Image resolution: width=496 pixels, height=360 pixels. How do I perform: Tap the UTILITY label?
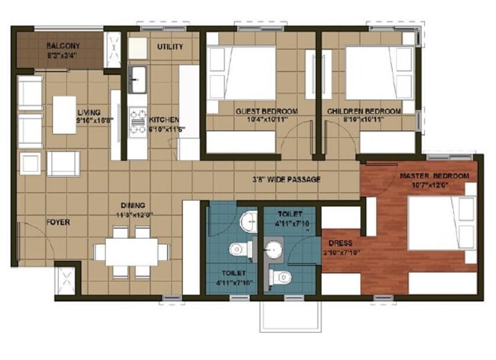click(170, 47)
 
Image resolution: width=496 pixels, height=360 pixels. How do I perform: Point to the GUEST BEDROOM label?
click(266, 111)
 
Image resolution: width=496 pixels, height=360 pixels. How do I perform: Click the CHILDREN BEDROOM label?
click(364, 111)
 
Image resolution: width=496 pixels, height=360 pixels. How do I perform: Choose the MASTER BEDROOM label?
click(434, 176)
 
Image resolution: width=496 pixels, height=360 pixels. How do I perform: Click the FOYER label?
click(57, 222)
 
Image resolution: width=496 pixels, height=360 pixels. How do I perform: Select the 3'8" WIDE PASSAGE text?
click(286, 180)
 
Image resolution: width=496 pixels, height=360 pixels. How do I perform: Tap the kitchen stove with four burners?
click(138, 121)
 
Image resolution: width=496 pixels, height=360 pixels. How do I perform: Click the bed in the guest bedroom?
click(241, 73)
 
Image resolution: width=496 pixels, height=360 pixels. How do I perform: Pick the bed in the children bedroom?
click(379, 73)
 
